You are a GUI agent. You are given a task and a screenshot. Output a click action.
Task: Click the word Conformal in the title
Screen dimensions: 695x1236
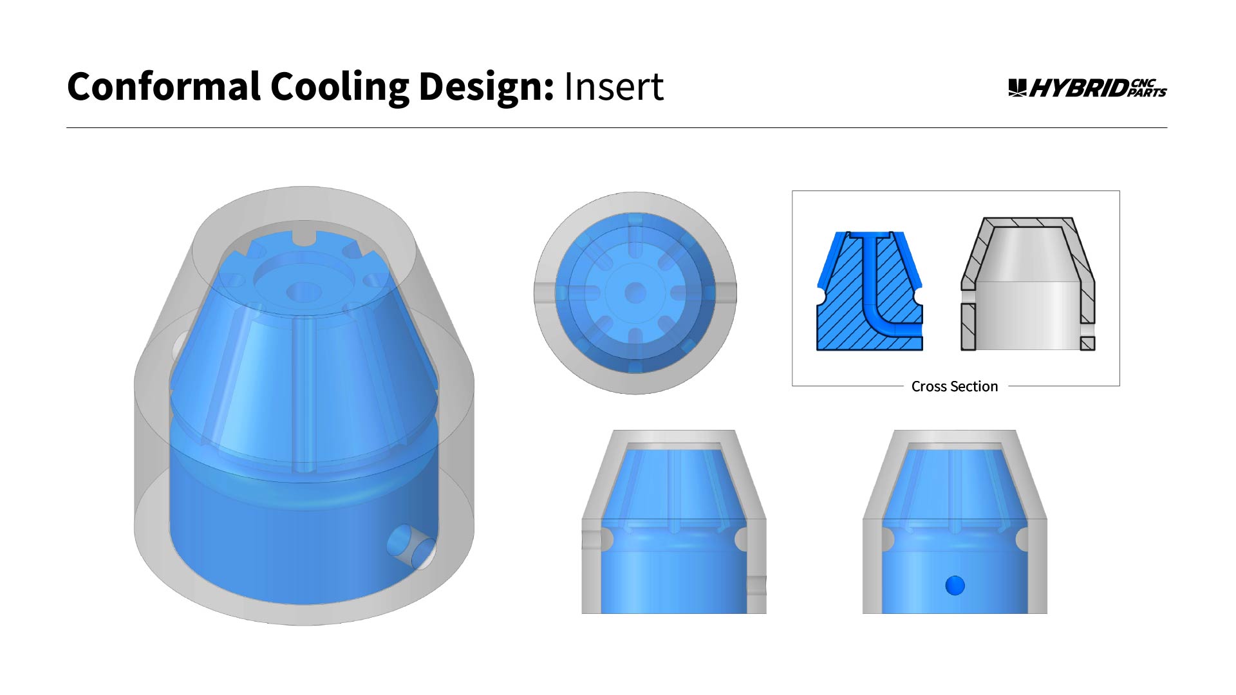click(164, 87)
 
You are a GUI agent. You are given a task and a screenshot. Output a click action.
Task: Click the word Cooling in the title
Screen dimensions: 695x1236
click(339, 87)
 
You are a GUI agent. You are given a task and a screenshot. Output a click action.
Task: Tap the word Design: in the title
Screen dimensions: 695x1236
click(486, 87)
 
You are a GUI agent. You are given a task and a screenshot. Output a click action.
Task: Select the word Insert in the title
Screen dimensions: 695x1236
click(613, 87)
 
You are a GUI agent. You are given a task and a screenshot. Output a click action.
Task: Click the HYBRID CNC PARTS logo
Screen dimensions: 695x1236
click(1087, 88)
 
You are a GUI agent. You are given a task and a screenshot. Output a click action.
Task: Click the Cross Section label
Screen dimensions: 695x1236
click(954, 386)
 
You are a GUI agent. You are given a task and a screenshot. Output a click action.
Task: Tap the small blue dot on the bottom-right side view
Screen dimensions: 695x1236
click(955, 586)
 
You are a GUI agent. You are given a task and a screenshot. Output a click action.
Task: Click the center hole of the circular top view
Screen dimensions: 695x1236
click(635, 293)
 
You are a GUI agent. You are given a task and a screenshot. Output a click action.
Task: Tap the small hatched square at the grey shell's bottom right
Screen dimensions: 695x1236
click(1087, 343)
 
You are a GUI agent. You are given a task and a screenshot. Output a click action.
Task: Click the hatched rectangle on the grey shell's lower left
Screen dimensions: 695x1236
click(968, 327)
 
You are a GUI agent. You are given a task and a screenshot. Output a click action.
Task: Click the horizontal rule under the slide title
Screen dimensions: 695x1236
click(616, 128)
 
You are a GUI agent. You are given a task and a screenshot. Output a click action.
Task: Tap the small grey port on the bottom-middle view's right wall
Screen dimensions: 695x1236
click(757, 586)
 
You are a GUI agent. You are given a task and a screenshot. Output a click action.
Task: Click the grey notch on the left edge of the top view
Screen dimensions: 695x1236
click(545, 292)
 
